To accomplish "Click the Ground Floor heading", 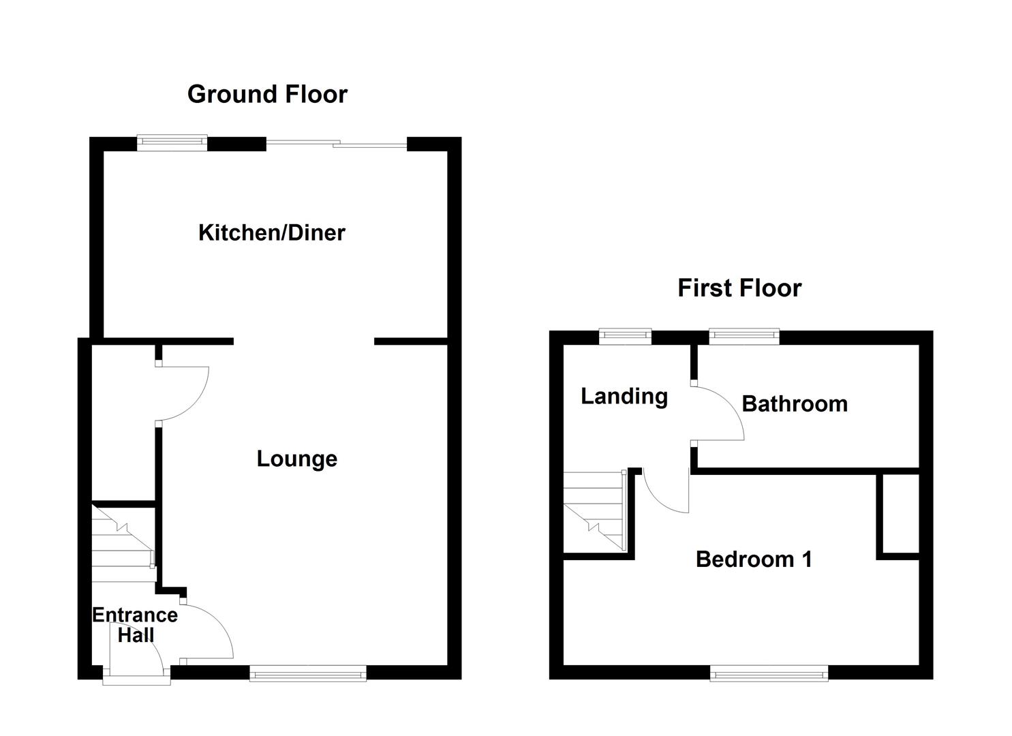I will [267, 94].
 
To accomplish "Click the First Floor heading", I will [739, 288].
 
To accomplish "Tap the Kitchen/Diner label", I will [271, 233].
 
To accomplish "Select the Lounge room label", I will [296, 459].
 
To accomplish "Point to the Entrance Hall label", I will [135, 625].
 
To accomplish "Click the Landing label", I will [624, 396].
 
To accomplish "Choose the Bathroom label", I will [794, 404].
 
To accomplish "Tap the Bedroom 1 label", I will [753, 559].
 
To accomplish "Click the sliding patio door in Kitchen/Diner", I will [336, 144].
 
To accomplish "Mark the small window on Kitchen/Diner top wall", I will [172, 142].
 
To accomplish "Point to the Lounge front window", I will [307, 674].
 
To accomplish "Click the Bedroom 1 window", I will [769, 674].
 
